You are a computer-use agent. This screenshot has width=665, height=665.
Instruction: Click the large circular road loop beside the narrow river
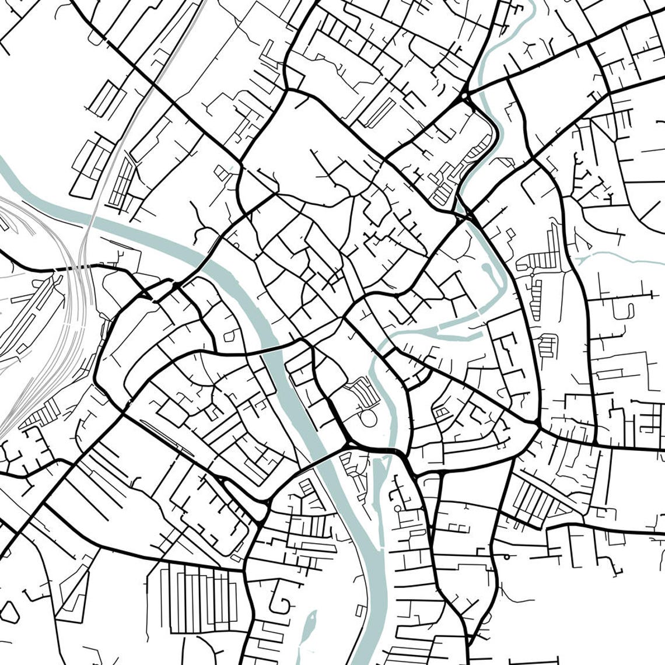tap(368, 418)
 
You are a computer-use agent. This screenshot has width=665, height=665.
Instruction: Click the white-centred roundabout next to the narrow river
tap(397, 509)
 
